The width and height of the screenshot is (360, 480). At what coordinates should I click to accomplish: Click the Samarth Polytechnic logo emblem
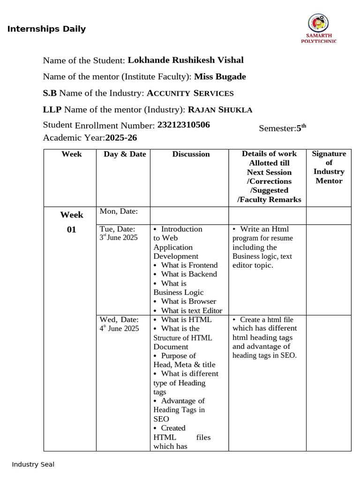coord(318,23)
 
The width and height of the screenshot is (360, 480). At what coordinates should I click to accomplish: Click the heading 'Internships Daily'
coord(46,29)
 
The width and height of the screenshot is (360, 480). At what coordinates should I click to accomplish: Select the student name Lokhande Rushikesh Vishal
coord(185,60)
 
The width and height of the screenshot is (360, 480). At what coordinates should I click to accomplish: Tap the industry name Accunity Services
coord(190,93)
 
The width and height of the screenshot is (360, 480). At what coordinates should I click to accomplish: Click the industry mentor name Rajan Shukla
coord(220,110)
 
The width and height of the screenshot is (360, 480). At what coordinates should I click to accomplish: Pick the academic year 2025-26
coord(121,138)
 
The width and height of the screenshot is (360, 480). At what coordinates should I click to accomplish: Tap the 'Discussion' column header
coord(191,154)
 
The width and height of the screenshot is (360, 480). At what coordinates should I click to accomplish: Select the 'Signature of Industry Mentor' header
coord(329,167)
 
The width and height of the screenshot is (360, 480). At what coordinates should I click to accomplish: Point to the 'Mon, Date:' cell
coord(119,212)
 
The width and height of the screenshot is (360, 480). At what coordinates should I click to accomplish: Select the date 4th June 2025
coord(119,329)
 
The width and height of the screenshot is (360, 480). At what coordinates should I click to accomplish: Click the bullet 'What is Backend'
coord(188,274)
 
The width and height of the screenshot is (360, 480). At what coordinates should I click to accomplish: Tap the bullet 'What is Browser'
coord(188,301)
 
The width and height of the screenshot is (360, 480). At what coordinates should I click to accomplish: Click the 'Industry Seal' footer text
coord(33,465)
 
